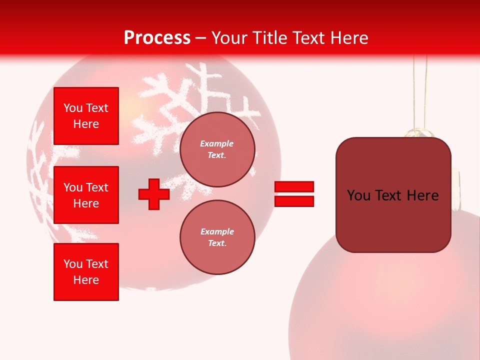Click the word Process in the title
[157, 37]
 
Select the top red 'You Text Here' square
[86, 116]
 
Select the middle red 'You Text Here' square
[86, 195]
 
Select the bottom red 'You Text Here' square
[86, 272]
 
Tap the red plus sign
[154, 194]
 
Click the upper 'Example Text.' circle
[217, 149]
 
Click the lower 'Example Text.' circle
[217, 237]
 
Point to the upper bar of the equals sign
[294, 186]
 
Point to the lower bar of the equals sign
[294, 201]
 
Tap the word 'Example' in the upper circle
[216, 143]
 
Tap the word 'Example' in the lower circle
[217, 231]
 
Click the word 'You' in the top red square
[72, 108]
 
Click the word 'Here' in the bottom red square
[86, 280]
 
